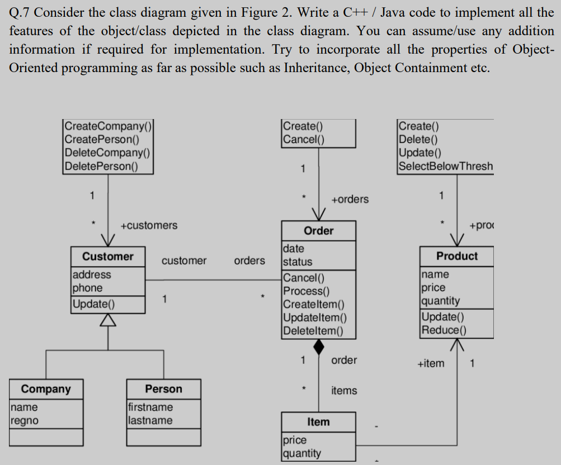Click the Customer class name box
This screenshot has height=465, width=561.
coord(108,257)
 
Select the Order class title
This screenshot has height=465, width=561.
coord(318,231)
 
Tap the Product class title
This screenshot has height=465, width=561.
coord(457,256)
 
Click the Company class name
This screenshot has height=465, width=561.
coord(46,389)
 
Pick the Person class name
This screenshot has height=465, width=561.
coord(163,389)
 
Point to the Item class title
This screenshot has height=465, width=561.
coord(318,422)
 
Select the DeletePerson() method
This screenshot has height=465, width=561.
coord(101,166)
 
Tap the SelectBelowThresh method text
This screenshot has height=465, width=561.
coord(446,166)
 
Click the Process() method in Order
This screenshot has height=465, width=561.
coord(306,291)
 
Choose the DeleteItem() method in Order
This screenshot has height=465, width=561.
coord(312,330)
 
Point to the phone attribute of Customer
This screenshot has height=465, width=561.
coord(87,288)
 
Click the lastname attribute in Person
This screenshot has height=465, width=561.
coord(150,420)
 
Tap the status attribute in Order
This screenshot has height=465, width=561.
coord(298,262)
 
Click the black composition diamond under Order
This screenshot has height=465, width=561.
coord(319,347)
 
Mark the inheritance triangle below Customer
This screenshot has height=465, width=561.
coord(108,319)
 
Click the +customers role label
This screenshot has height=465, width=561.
coord(149,225)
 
